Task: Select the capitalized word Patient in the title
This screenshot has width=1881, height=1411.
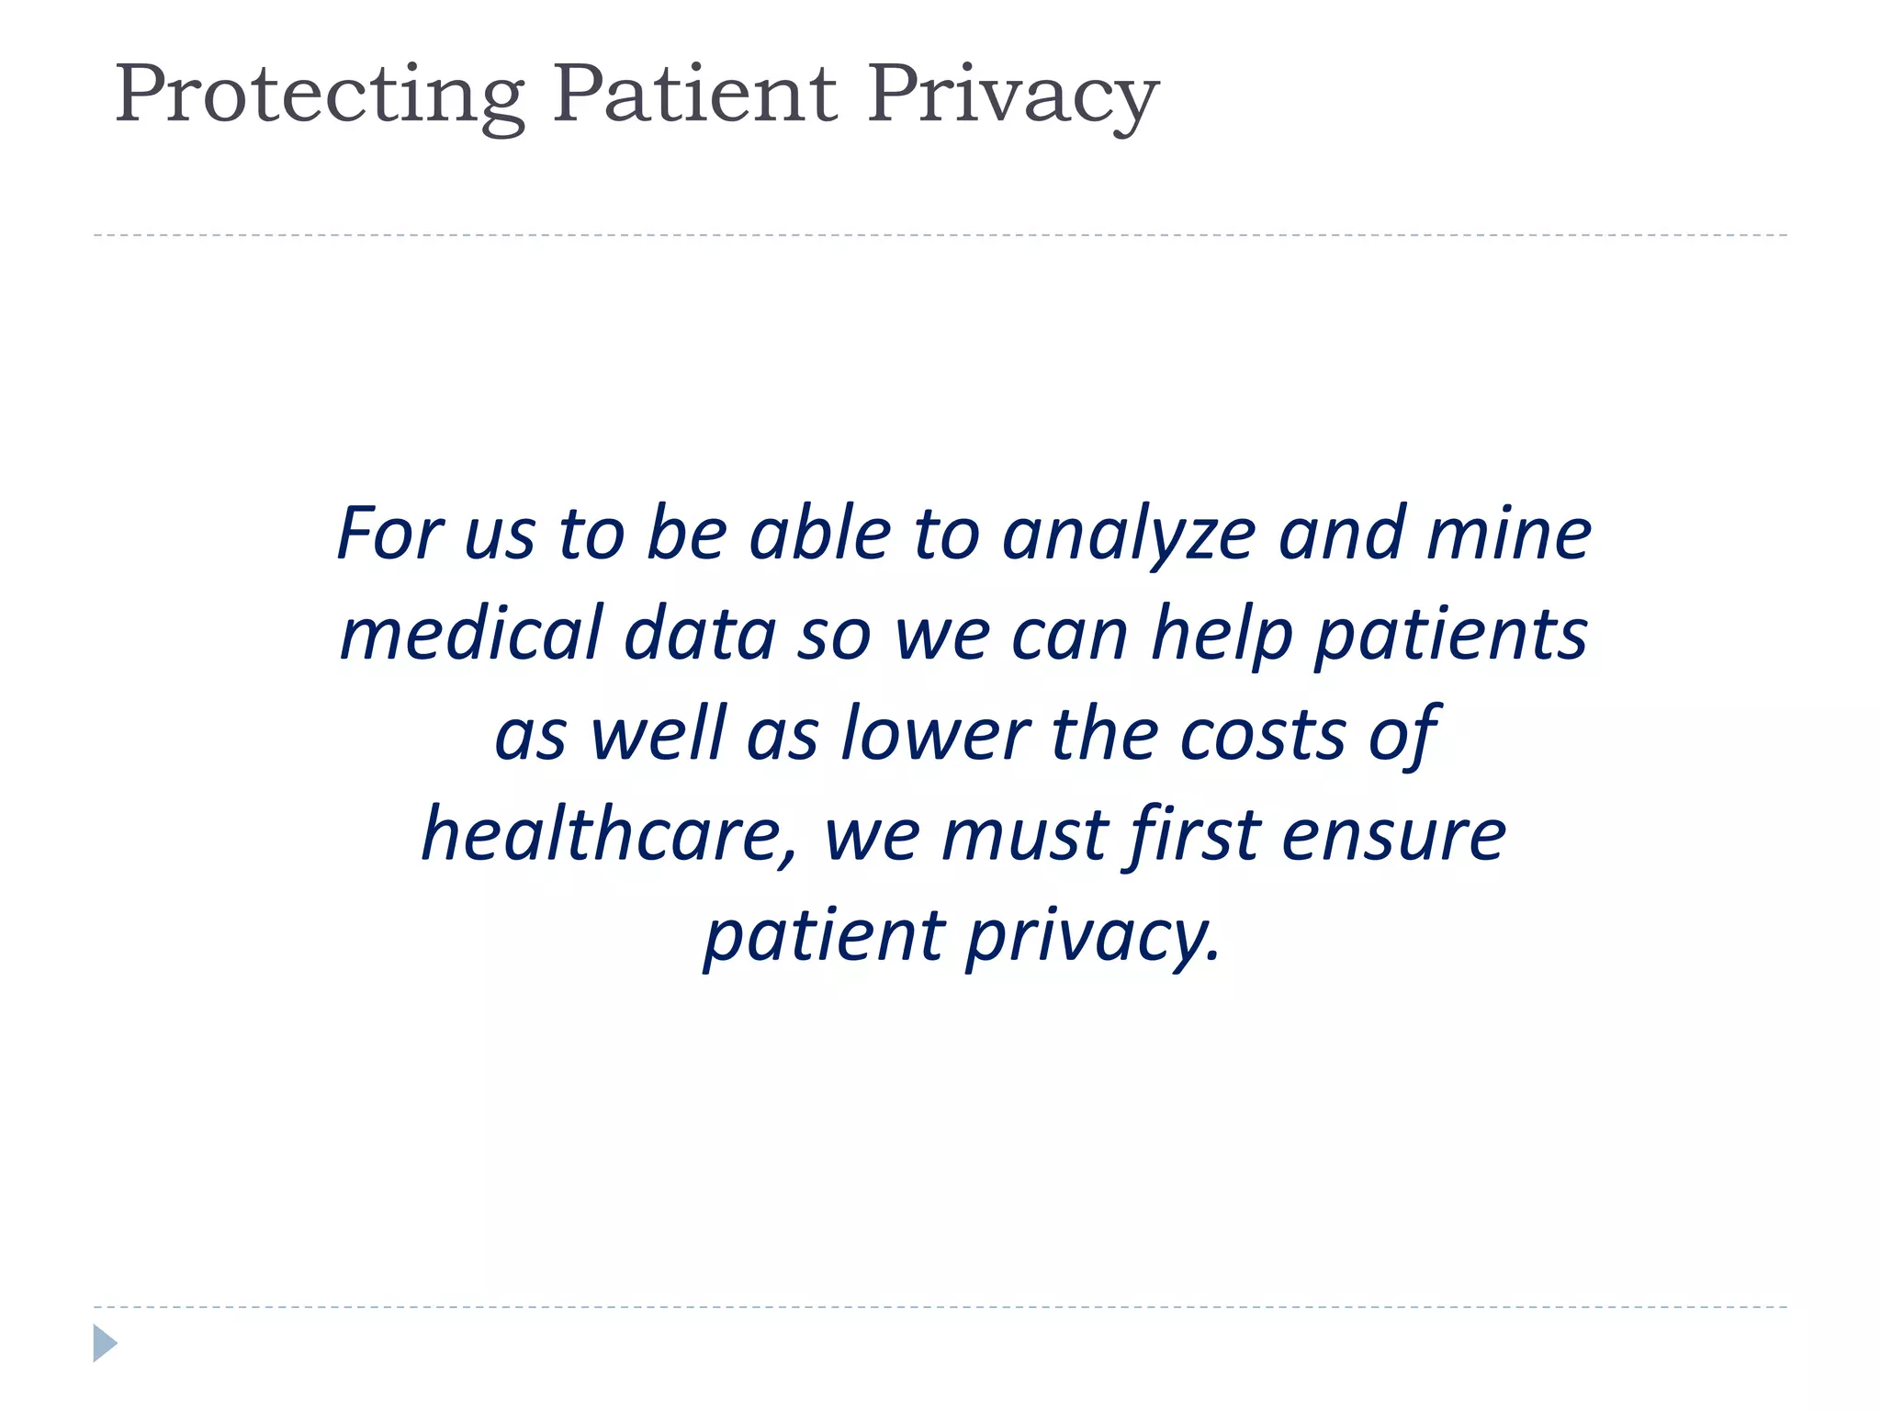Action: [695, 94]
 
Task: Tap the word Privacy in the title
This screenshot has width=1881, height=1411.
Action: [1013, 96]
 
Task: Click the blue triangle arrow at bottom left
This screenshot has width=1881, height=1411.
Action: [105, 1343]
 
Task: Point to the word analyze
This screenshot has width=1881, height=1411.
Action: [1129, 536]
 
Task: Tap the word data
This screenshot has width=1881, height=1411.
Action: [700, 634]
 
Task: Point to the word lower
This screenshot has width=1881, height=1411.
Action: [936, 735]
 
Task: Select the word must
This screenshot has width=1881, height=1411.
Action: [1026, 835]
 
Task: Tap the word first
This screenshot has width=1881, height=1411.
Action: [1195, 833]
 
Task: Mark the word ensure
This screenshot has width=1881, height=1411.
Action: [1394, 835]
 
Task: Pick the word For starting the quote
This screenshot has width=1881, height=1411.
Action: [391, 534]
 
